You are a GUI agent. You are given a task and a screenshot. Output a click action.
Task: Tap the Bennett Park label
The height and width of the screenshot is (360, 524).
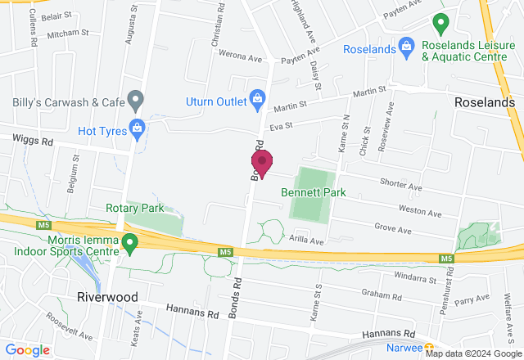click(312, 192)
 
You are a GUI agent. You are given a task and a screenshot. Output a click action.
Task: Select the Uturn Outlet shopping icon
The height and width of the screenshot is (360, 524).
click(257, 100)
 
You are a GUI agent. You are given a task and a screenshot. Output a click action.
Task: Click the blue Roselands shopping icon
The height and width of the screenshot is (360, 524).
click(405, 47)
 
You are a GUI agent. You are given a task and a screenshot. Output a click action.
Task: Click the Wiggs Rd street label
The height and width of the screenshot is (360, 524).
click(34, 141)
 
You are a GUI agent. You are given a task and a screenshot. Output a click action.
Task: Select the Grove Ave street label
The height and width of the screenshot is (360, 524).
click(392, 226)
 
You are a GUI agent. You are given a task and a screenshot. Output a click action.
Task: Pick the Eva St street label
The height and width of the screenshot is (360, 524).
click(281, 125)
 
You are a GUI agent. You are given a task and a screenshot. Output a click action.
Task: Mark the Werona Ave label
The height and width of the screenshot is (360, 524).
click(239, 59)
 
